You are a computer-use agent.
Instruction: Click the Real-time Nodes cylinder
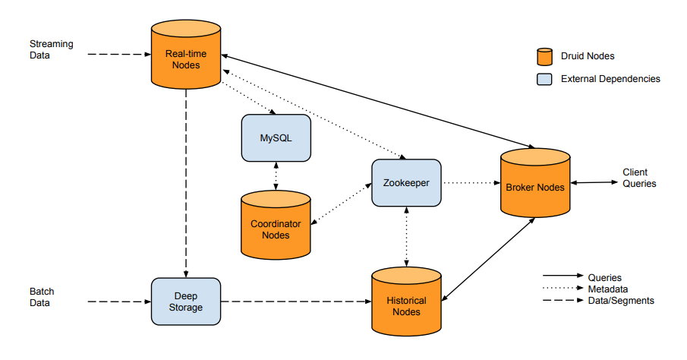point(186,55)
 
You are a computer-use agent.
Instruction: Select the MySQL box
point(276,138)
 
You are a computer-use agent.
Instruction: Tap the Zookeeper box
point(406,183)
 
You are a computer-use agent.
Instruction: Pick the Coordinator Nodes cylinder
point(276,225)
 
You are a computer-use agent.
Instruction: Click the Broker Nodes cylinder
point(535,183)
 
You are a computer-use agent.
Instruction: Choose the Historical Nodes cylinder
point(406,302)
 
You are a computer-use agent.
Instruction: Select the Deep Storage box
point(186,302)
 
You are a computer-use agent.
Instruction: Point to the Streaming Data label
point(52,49)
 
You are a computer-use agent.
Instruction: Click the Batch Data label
point(42,297)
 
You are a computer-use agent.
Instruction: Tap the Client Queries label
point(639,178)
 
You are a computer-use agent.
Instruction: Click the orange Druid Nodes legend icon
point(544,56)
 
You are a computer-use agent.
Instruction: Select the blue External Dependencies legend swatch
point(544,79)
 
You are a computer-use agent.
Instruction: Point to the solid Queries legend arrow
point(563,276)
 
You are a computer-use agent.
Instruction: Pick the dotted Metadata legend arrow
point(563,288)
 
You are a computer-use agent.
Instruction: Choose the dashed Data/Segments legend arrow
point(563,300)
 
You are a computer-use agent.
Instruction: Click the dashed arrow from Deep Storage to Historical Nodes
point(296,302)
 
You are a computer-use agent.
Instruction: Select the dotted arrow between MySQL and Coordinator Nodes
point(276,176)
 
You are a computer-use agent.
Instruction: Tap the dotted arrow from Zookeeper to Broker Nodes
point(471,183)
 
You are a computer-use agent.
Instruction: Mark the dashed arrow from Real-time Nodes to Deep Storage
point(186,183)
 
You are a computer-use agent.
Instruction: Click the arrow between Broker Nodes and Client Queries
point(594,182)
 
